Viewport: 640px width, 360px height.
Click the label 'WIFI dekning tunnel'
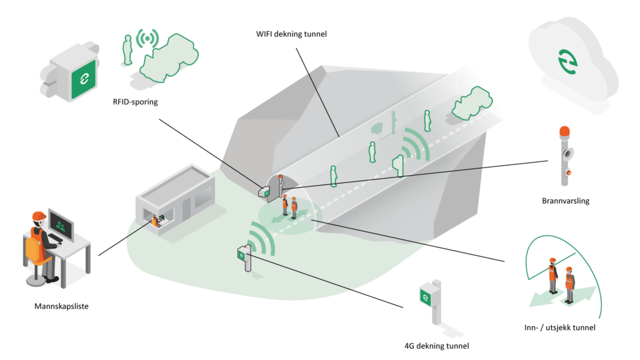[291, 34]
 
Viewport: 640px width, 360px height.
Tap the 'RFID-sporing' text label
[135, 102]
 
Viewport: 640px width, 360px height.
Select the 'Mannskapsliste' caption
[61, 306]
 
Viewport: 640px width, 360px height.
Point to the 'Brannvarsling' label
[566, 201]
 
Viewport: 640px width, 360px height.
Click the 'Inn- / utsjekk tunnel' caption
[559, 327]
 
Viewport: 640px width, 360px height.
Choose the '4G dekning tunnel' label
[436, 346]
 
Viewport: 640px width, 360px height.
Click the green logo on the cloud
[567, 62]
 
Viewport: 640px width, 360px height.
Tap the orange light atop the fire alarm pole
[564, 131]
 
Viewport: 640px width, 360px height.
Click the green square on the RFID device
[84, 79]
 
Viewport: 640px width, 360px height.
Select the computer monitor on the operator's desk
[61, 224]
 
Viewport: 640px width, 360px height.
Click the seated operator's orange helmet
[39, 216]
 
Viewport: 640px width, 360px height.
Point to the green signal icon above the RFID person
[147, 38]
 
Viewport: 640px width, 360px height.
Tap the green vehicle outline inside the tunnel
[472, 103]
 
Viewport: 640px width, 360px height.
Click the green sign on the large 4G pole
[426, 297]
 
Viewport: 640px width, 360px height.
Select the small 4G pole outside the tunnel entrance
[245, 257]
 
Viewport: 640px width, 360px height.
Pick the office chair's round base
[36, 280]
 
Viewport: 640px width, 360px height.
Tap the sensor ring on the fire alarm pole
[567, 154]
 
